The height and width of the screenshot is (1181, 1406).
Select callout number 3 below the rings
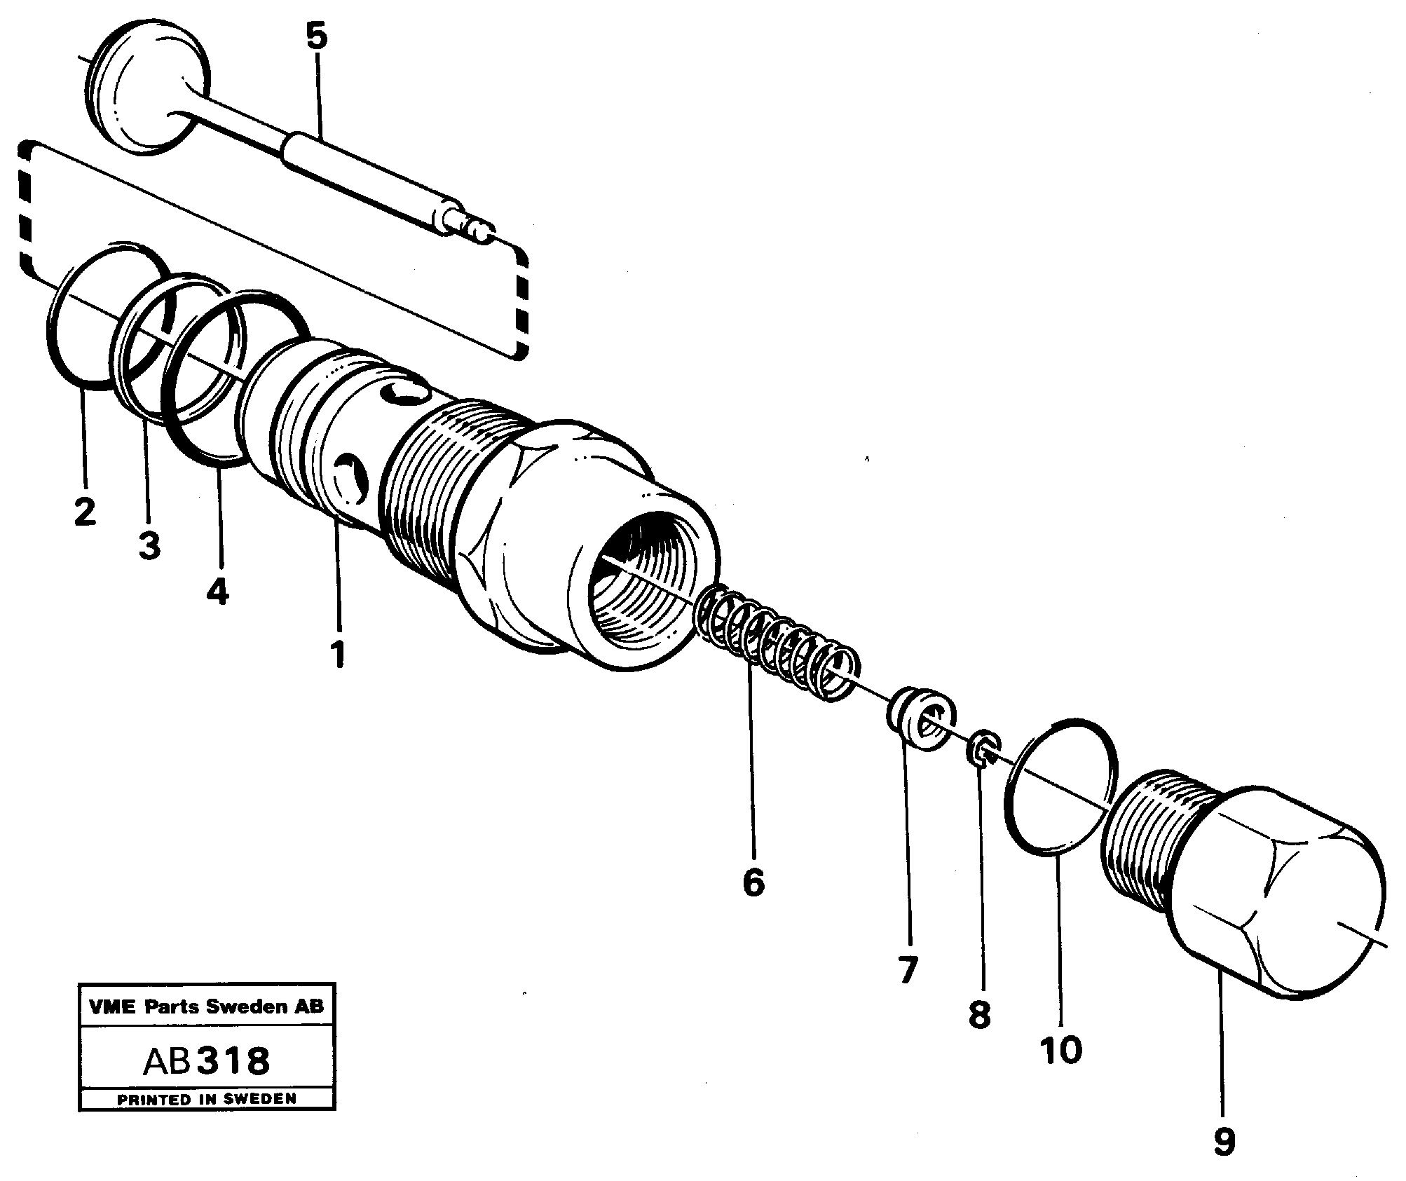pos(149,545)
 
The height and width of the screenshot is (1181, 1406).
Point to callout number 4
pos(217,593)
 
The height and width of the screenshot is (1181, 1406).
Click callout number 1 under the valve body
pos(338,655)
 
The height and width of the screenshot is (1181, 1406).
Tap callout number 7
pos(908,971)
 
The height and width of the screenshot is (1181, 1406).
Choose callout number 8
pos(979,1014)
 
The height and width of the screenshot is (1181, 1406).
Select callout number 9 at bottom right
pos(1224,1143)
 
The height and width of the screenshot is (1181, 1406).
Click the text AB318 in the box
pos(206,1062)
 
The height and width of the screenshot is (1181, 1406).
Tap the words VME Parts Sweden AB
pos(206,1007)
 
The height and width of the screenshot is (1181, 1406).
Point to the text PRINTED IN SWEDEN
pos(206,1100)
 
